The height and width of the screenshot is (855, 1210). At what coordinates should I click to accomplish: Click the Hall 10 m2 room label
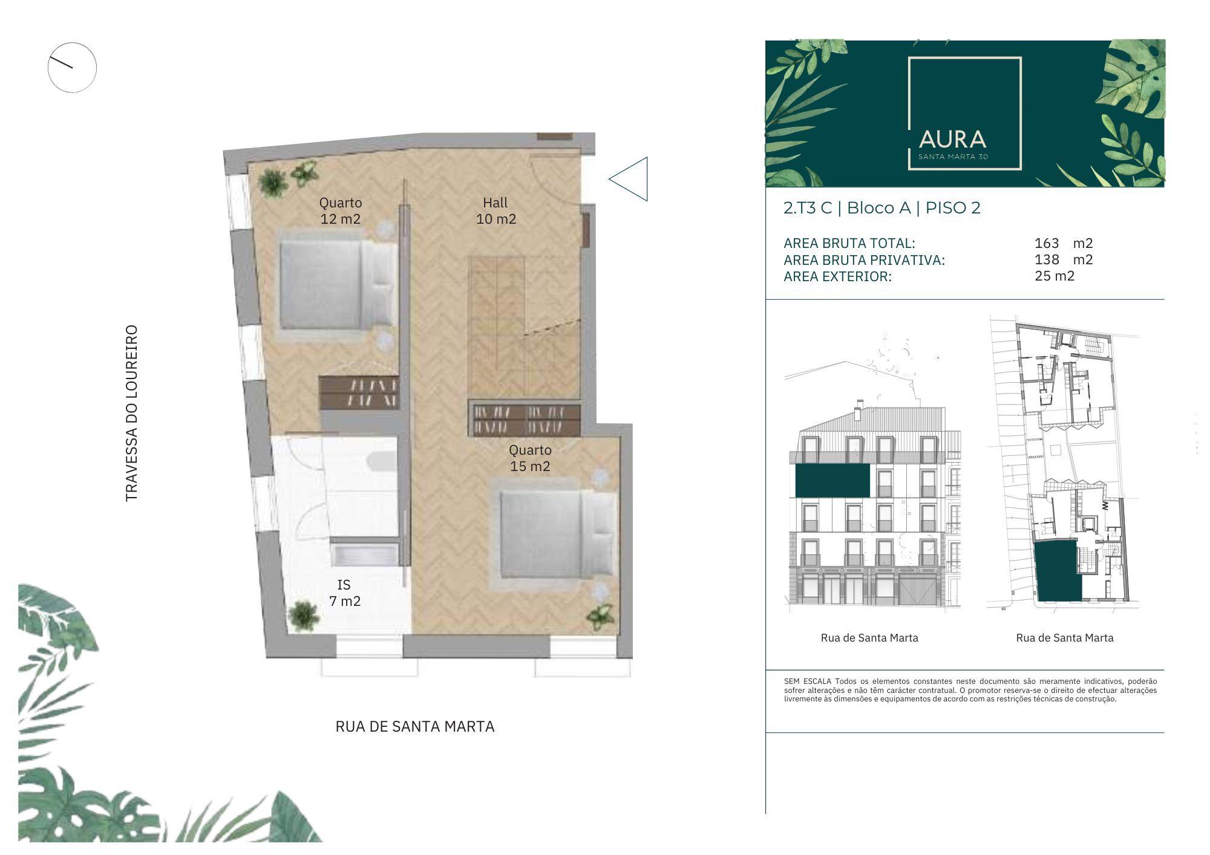pos(496,211)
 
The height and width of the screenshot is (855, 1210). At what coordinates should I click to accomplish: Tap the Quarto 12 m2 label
pos(341,211)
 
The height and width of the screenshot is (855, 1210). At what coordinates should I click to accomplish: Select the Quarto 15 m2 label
pos(530,458)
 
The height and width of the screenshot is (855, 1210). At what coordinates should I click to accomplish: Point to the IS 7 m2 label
pos(345,593)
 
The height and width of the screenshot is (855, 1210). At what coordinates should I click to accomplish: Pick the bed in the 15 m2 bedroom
pos(557,533)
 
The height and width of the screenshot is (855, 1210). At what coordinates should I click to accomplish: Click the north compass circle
pos(72,67)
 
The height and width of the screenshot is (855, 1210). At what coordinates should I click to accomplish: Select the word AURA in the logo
pos(952,140)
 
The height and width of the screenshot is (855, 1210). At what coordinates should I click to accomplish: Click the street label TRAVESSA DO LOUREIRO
pos(131,414)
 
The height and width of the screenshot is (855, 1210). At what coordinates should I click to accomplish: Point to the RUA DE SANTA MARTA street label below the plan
pos(415,726)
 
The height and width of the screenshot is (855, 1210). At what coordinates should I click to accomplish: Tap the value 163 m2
pos(1064,243)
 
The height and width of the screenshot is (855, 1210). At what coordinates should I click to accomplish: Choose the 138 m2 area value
pos(1064,259)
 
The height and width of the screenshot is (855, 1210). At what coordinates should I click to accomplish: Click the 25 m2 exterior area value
pos(1055,276)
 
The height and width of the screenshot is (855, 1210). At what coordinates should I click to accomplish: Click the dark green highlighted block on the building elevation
pos(832,481)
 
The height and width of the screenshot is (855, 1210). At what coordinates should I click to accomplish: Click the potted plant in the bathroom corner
pos(303,616)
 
